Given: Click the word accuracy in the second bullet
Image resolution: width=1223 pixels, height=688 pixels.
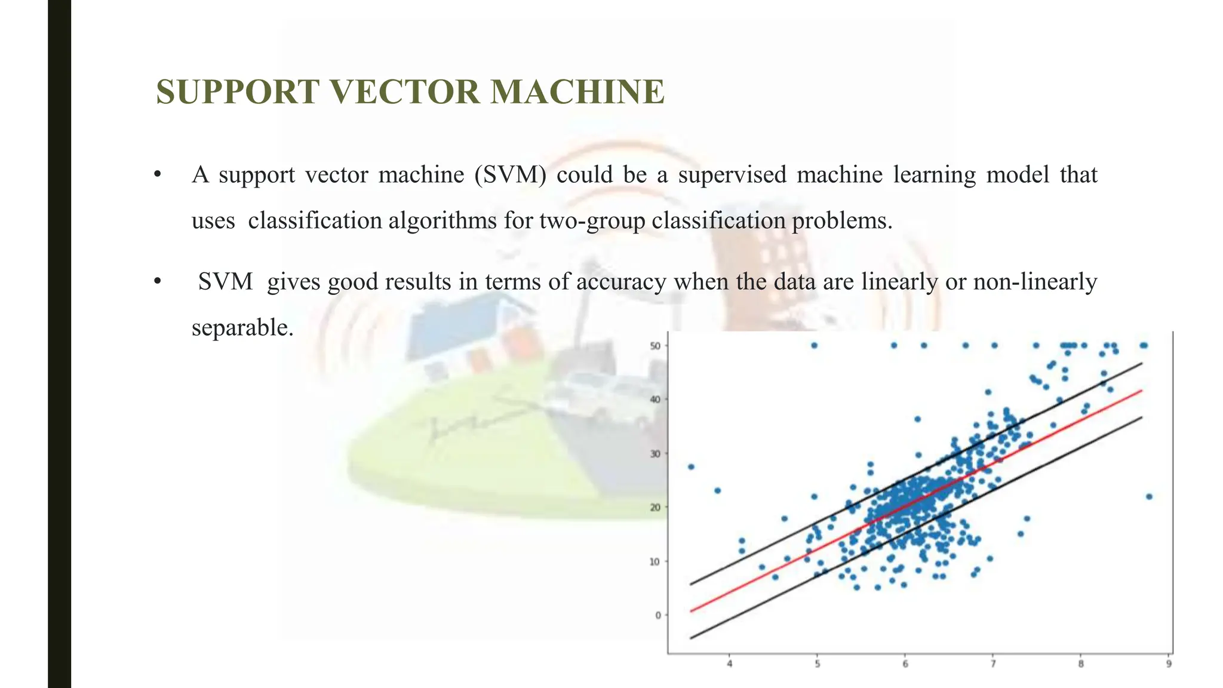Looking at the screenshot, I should (x=621, y=282).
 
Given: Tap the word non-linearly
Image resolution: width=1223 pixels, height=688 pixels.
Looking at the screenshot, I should (x=1035, y=282).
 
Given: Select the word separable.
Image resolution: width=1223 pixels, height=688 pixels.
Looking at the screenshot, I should (x=242, y=327).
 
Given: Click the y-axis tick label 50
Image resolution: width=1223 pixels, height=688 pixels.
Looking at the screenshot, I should (x=656, y=346).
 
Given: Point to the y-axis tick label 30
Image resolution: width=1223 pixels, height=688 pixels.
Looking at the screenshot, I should (x=656, y=454).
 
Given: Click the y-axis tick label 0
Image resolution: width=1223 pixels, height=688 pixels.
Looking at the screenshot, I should (x=658, y=615).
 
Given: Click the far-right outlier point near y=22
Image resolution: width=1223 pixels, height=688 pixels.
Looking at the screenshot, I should (x=1149, y=496).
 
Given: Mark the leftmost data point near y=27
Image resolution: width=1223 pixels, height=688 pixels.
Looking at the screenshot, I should (x=691, y=466).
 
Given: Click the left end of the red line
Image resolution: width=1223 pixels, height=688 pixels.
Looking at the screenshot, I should (x=691, y=611).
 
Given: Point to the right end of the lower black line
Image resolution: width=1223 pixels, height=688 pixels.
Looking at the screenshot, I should (x=1141, y=417).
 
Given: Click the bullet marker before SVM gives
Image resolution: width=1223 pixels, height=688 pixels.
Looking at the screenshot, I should (x=158, y=282).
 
